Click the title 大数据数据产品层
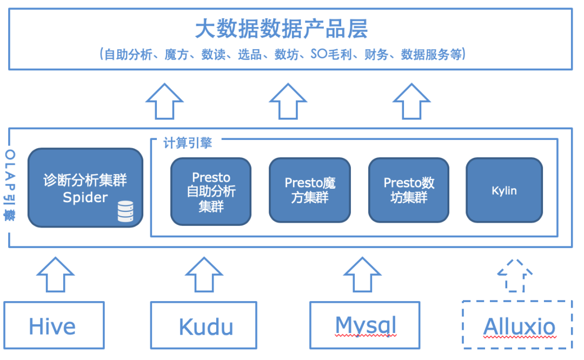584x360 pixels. [281, 29]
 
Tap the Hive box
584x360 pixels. [54, 326]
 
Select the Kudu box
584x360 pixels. [206, 326]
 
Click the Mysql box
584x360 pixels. [365, 326]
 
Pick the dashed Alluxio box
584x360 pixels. [518, 326]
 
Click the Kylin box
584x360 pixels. [504, 190]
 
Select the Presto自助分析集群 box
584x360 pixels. [211, 191]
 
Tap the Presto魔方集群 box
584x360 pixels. [310, 190]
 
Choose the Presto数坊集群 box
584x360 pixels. [409, 190]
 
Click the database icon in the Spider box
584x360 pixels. [125, 211]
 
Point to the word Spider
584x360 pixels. [85, 197]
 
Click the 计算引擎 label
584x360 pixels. [188, 143]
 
